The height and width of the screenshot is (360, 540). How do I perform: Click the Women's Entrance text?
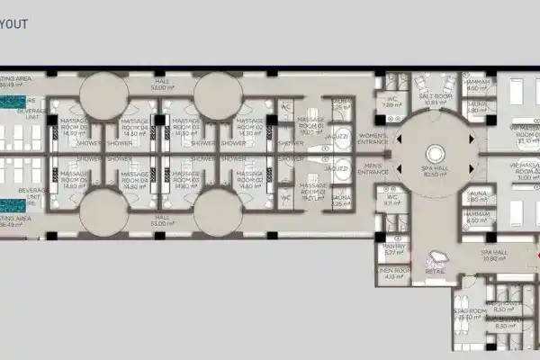(x=370, y=136)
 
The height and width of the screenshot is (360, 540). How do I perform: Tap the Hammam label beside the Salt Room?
(x=480, y=85)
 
